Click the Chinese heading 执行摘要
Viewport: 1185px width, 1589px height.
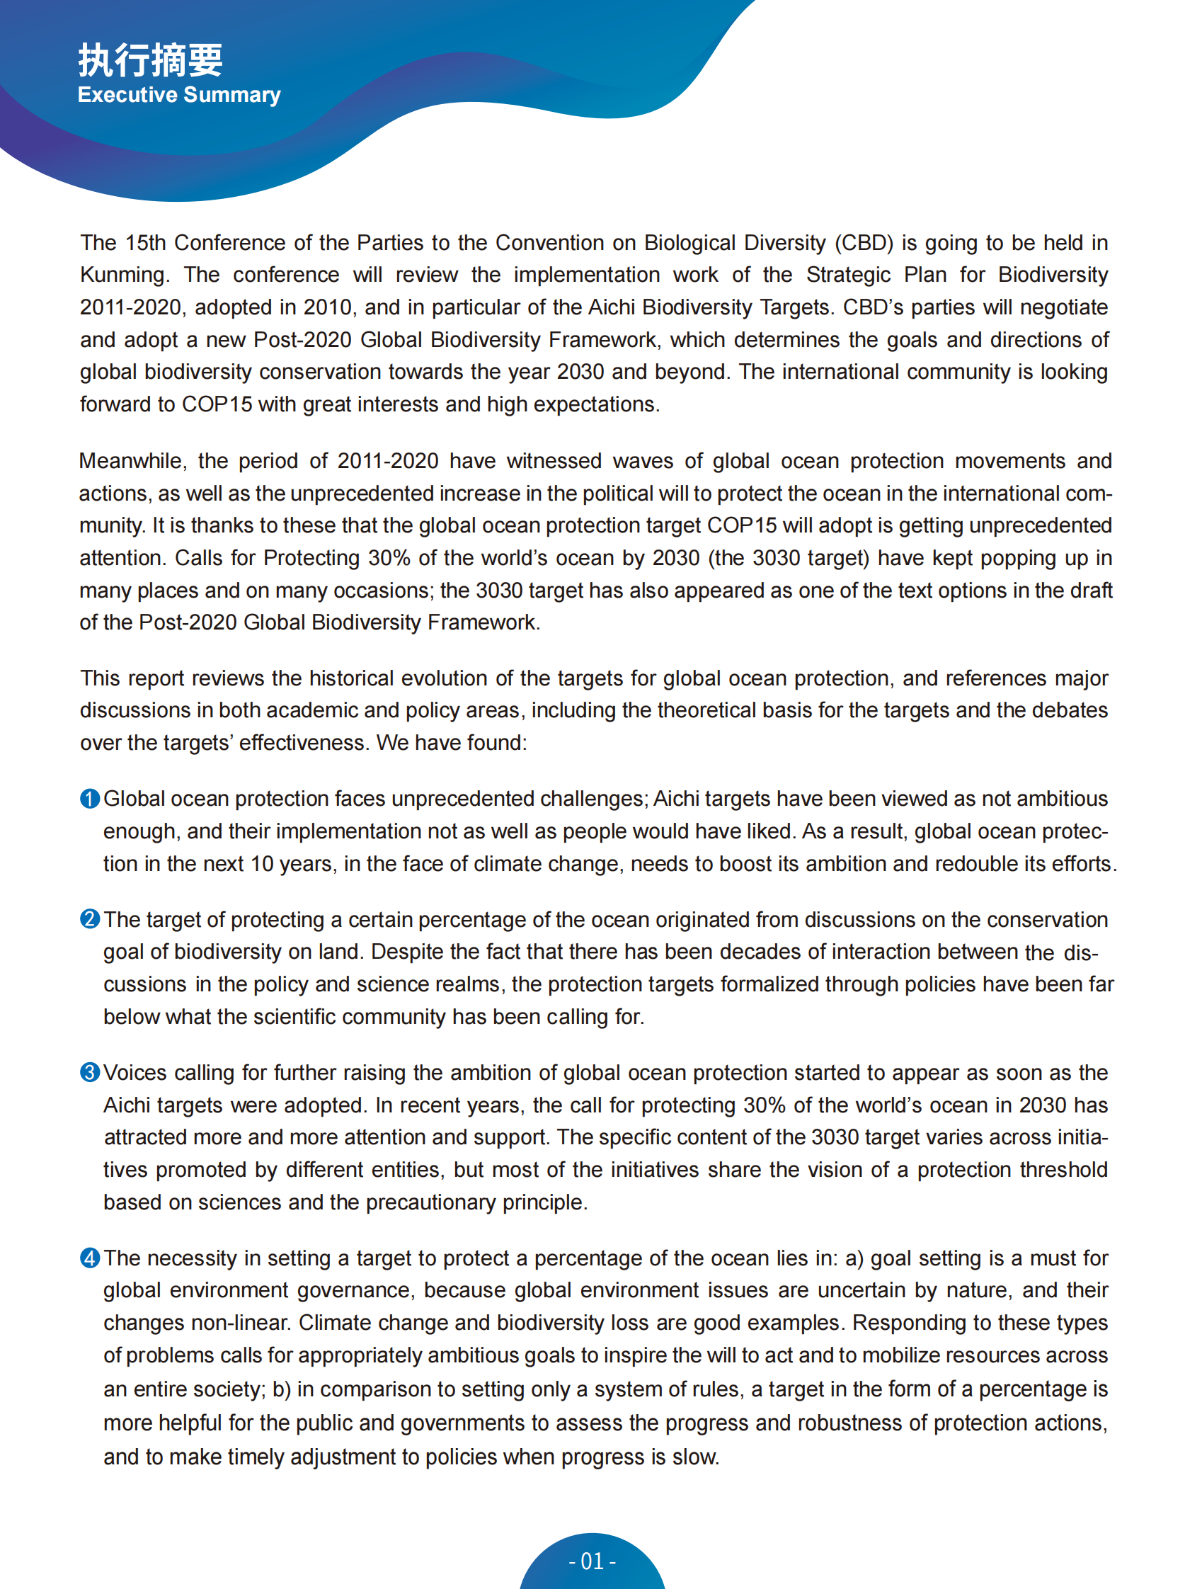point(150,59)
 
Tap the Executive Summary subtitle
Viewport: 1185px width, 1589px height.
point(178,95)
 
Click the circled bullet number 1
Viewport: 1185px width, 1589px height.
point(90,799)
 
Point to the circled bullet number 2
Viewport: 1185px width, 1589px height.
point(90,919)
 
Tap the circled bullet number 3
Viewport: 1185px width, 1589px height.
point(90,1073)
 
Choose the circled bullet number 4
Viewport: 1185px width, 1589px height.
point(90,1258)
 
